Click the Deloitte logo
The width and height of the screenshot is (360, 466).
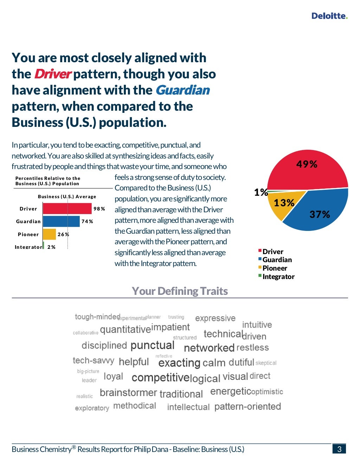tap(329, 16)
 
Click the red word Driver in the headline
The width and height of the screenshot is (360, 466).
tap(52, 74)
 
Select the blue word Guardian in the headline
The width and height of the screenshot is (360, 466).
tap(182, 90)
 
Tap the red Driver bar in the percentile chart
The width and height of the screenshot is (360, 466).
tap(67, 209)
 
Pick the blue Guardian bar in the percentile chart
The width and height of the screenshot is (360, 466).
tap(61, 221)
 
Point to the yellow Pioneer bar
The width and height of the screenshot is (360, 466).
tap(49, 234)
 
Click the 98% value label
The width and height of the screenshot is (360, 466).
tap(99, 209)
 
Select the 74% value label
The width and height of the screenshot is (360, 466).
tap(87, 221)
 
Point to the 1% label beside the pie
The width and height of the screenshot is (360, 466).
tap(261, 192)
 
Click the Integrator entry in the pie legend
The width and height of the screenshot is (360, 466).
tap(278, 277)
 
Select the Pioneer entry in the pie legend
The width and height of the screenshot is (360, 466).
tap(275, 268)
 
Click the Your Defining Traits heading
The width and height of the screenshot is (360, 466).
tap(180, 291)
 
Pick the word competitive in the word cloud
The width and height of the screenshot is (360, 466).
tap(160, 378)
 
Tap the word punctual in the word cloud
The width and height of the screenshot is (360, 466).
tap(152, 345)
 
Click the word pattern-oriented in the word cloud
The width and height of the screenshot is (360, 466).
tap(247, 407)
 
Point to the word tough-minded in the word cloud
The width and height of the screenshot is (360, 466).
tap(97, 317)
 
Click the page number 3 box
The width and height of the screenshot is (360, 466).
tap(339, 449)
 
